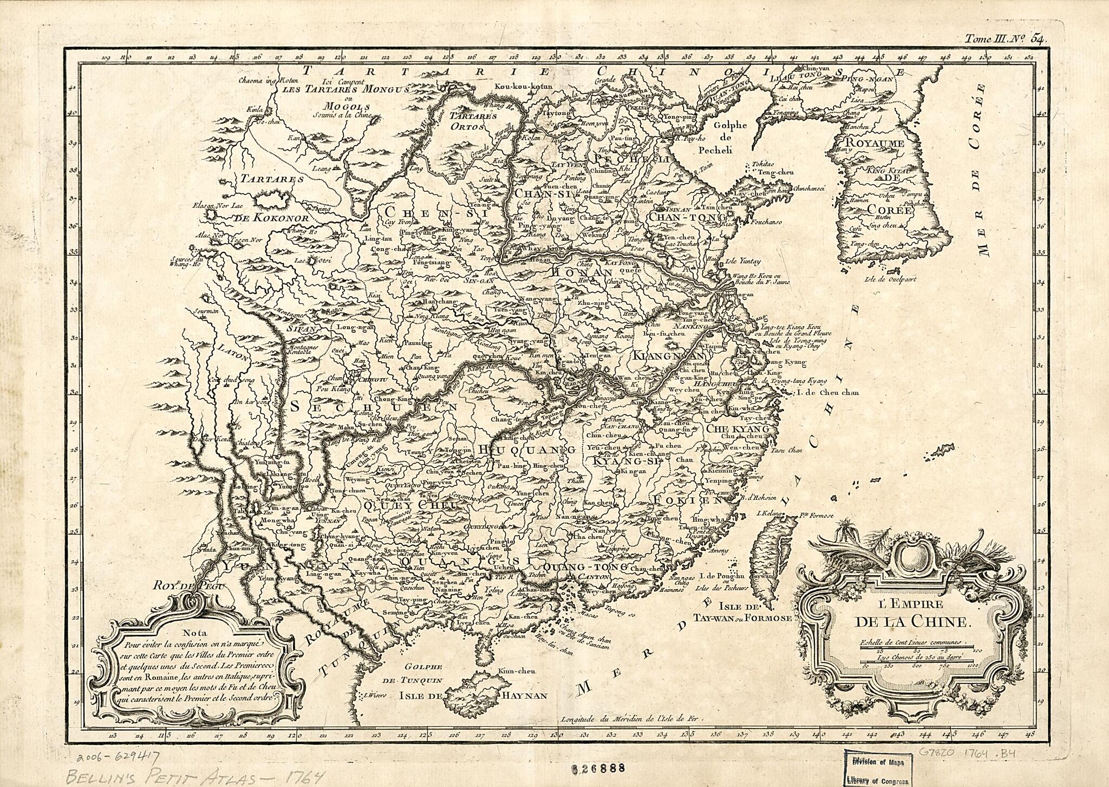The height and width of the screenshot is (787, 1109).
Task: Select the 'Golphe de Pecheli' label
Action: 730,138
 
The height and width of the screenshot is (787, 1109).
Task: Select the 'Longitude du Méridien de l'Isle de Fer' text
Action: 631,720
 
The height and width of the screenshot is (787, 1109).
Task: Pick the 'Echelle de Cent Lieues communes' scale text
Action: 912,642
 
